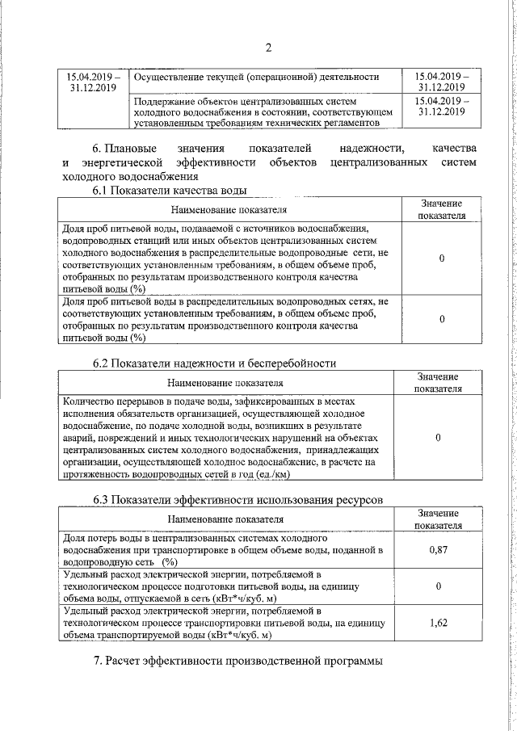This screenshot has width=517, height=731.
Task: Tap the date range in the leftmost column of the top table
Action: (93, 83)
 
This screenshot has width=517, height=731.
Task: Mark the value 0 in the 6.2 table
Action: (438, 437)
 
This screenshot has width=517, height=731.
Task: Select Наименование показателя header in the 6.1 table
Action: (228, 210)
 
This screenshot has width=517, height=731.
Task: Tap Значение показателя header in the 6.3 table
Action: (438, 519)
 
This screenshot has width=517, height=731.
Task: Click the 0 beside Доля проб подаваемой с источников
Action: (441, 258)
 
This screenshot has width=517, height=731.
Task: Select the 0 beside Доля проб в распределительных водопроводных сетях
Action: (441, 320)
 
